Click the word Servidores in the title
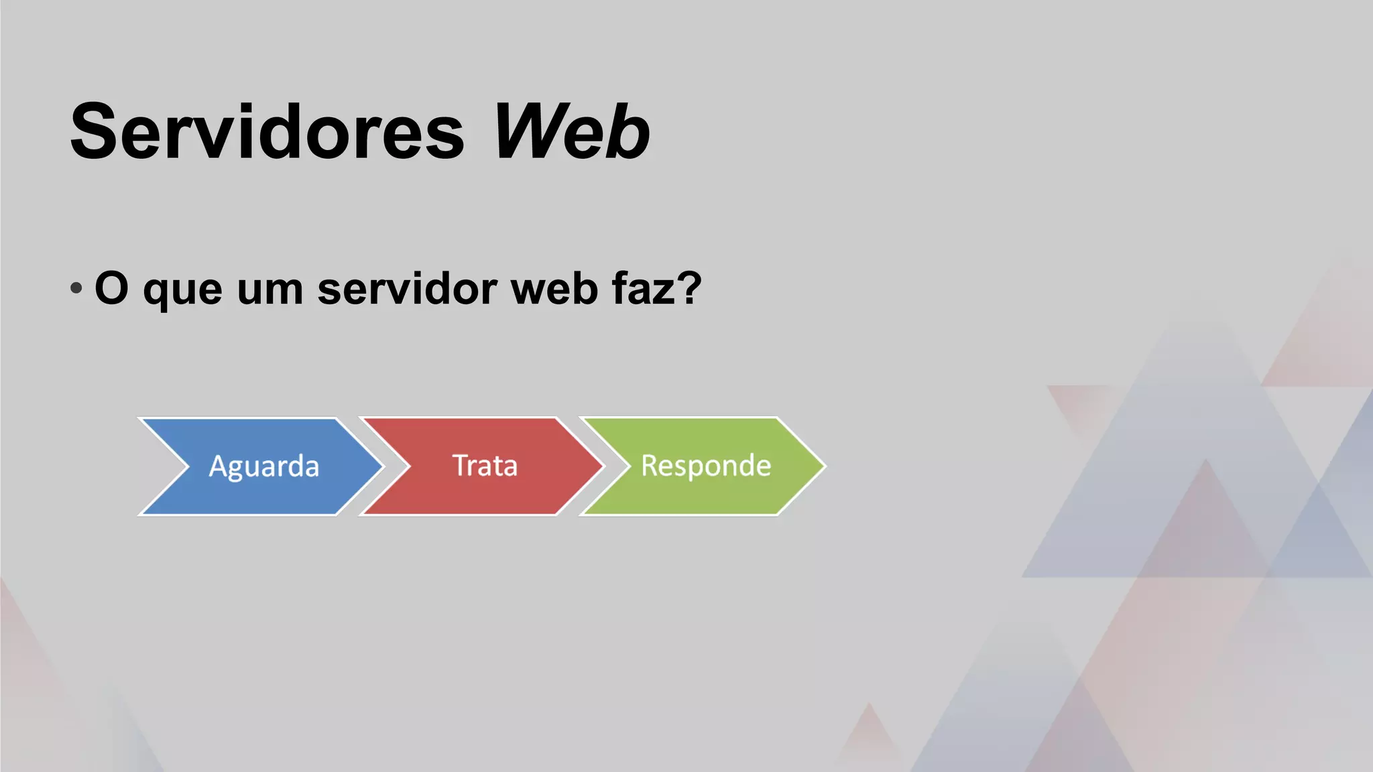(x=267, y=131)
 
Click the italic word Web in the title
(x=571, y=131)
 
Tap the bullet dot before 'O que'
(x=76, y=288)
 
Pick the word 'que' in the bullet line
(x=182, y=291)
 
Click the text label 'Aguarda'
(x=264, y=466)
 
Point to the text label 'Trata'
(x=485, y=466)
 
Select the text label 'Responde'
(x=706, y=466)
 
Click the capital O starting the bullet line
(x=111, y=288)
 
